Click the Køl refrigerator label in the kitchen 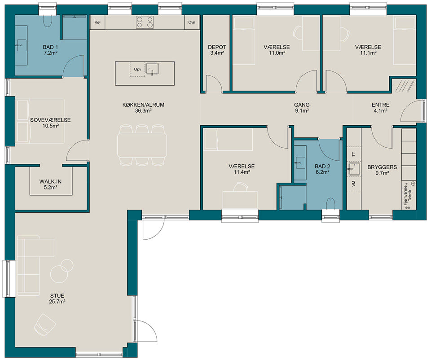[x=97, y=22]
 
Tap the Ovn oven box [x=192, y=22]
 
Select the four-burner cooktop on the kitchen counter [x=145, y=22]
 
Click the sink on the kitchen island [x=152, y=69]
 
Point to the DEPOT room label [x=217, y=47]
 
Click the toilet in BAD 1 [x=48, y=21]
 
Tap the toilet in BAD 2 [x=331, y=204]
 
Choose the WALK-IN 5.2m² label [x=50, y=184]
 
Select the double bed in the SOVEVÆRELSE [x=41, y=121]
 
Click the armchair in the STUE [x=45, y=325]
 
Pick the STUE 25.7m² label [x=57, y=299]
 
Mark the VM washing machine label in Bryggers [x=354, y=184]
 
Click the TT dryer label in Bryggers [x=354, y=154]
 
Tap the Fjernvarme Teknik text [x=408, y=195]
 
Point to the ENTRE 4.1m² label [x=380, y=108]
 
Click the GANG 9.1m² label [x=302, y=108]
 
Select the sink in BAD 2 [x=300, y=163]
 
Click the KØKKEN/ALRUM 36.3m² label [x=144, y=108]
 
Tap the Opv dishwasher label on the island [x=137, y=69]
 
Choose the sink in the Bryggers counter [x=354, y=169]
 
